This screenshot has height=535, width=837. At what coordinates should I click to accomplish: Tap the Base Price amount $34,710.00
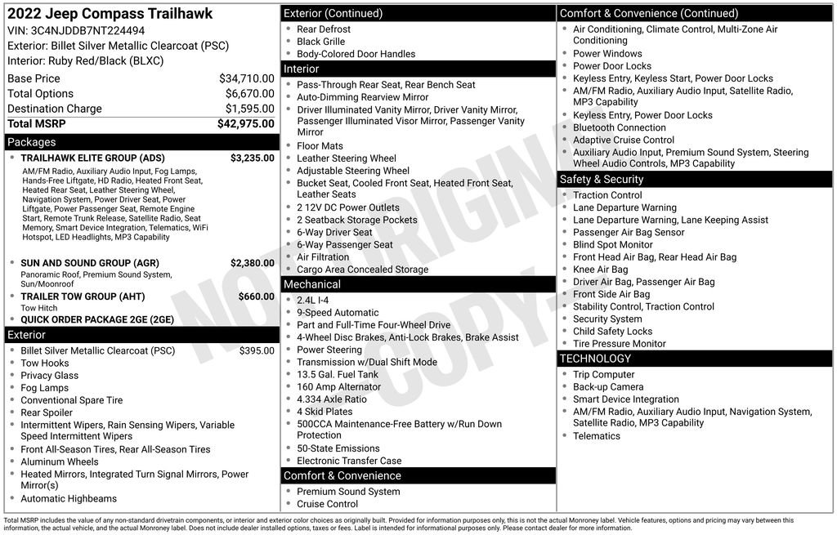[246, 78]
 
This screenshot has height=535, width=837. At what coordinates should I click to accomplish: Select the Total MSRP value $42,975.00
[245, 123]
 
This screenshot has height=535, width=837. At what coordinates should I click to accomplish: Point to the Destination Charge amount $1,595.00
[249, 109]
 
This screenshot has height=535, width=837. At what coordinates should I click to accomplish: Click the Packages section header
[32, 142]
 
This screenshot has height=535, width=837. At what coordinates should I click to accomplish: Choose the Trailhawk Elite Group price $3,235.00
[252, 158]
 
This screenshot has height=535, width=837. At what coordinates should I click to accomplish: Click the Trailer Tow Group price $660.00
[256, 296]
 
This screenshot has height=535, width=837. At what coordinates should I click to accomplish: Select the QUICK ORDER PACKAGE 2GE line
[97, 319]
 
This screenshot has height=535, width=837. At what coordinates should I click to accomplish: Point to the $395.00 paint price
[257, 350]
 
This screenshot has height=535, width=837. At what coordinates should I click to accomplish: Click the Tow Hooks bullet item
[45, 363]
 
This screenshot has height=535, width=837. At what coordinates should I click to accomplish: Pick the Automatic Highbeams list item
[69, 498]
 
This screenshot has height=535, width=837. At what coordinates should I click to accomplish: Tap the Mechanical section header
[312, 284]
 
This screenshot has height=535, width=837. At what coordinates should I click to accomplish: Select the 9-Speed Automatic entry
[338, 312]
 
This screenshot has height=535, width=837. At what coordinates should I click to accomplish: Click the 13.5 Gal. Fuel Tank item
[338, 374]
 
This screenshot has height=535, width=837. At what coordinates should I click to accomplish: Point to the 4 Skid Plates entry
[325, 412]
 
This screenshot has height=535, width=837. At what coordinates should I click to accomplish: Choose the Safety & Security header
[602, 179]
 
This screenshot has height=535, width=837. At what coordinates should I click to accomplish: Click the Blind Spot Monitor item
[613, 244]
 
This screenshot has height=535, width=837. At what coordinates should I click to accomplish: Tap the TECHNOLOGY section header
[595, 359]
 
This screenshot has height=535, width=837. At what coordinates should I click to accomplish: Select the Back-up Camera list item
[608, 386]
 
